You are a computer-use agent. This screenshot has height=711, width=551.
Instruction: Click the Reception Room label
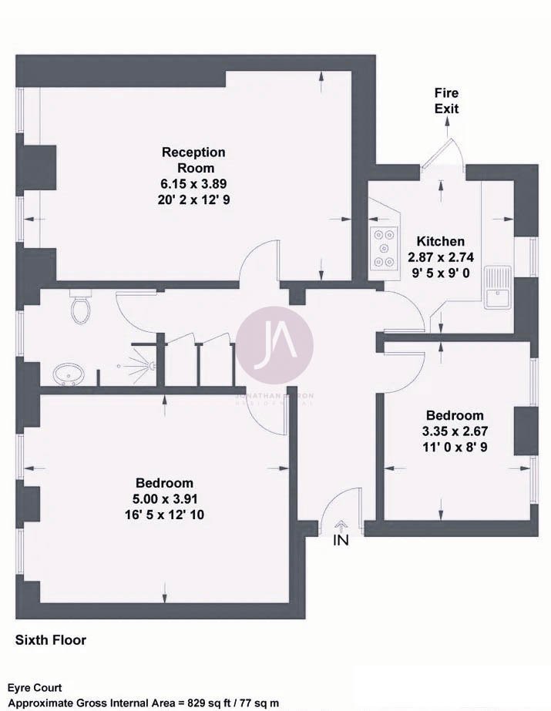coord(193,159)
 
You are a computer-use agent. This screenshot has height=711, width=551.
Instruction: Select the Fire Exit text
coord(445,101)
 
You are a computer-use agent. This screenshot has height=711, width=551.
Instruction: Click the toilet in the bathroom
coord(80,309)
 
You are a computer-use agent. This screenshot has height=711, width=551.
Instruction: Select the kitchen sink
coord(497,287)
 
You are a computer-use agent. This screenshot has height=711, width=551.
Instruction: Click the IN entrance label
coord(341,541)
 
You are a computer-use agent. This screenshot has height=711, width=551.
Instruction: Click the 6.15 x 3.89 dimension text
coord(193,183)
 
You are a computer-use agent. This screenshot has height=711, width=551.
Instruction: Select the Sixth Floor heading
coord(51,640)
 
